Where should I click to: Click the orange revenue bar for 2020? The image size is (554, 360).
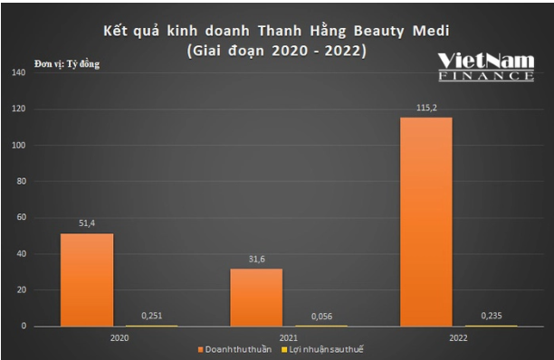pyautogui.click(x=87, y=279)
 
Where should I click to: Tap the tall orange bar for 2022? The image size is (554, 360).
pyautogui.click(x=425, y=222)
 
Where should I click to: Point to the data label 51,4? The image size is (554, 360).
pyautogui.click(x=87, y=221)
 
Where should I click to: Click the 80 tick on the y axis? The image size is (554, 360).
pyautogui.click(x=18, y=182)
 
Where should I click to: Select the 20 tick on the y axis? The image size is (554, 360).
pyautogui.click(x=18, y=290)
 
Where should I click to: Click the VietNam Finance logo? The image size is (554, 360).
pyautogui.click(x=485, y=66)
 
